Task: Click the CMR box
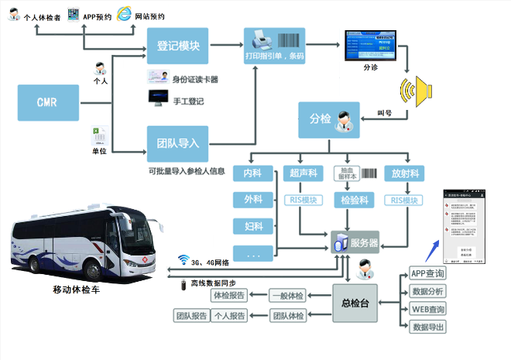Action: click(x=47, y=103)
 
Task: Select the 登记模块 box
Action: click(x=177, y=46)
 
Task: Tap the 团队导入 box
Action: click(x=177, y=143)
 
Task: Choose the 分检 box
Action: click(x=328, y=119)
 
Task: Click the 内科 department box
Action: click(x=253, y=174)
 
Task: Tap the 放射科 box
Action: click(x=405, y=174)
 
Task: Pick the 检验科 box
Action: click(x=353, y=201)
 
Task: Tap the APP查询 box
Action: click(x=427, y=274)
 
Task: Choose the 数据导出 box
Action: click(x=427, y=327)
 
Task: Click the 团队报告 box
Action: click(x=191, y=316)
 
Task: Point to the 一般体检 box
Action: click(x=287, y=295)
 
